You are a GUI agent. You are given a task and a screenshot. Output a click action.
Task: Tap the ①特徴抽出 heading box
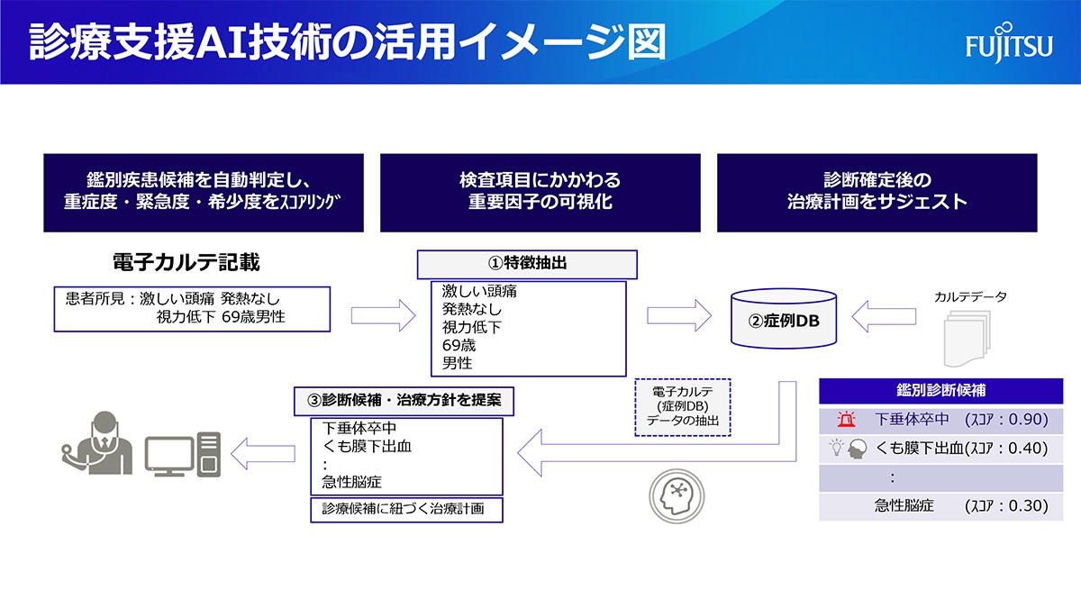526,265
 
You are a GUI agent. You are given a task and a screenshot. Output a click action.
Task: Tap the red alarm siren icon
845,420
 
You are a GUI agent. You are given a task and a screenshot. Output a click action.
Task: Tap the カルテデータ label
970,296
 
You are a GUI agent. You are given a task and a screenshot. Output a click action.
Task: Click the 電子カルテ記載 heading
186,263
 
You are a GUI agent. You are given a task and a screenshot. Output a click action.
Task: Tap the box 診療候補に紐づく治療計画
405,509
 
